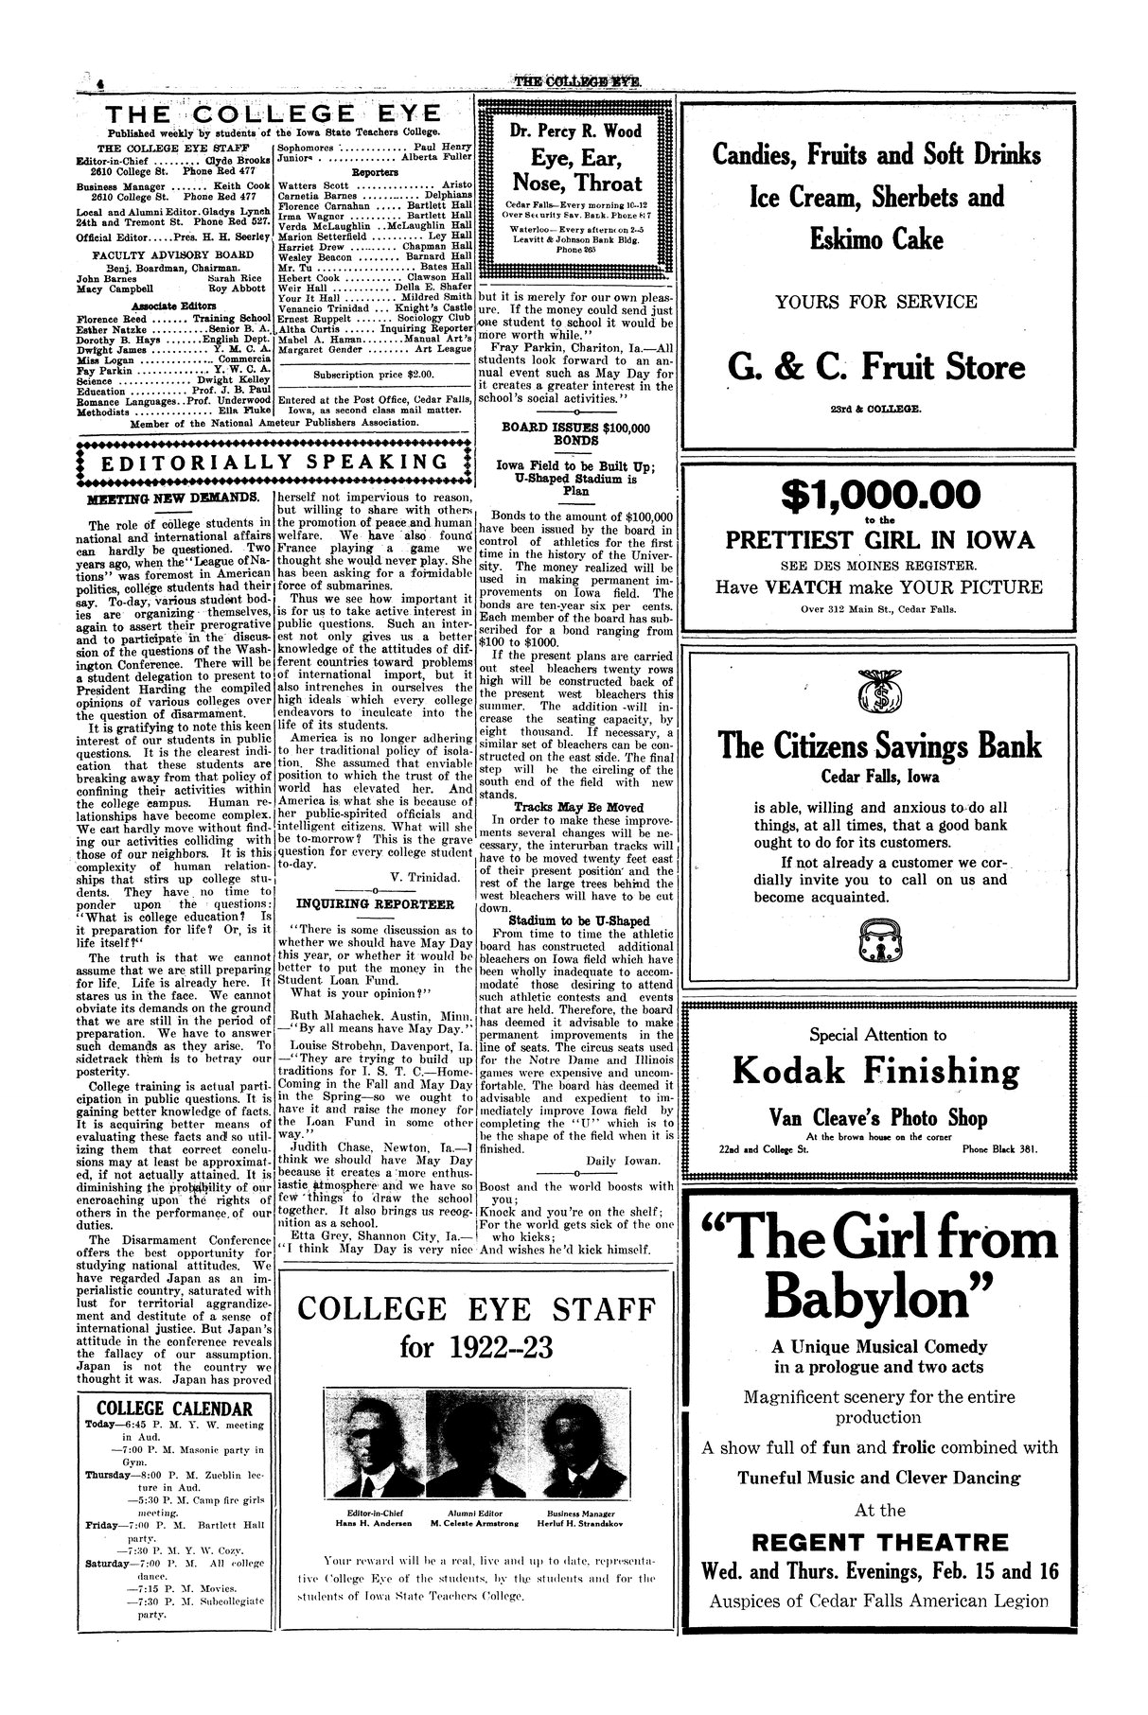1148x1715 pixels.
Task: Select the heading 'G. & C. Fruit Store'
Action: (x=877, y=367)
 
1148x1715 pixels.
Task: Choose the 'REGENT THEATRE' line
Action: (x=879, y=1541)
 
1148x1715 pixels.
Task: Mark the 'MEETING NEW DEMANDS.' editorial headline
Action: (x=173, y=497)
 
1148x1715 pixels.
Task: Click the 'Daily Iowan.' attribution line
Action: (x=624, y=1159)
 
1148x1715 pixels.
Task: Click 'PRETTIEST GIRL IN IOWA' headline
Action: (x=879, y=540)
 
